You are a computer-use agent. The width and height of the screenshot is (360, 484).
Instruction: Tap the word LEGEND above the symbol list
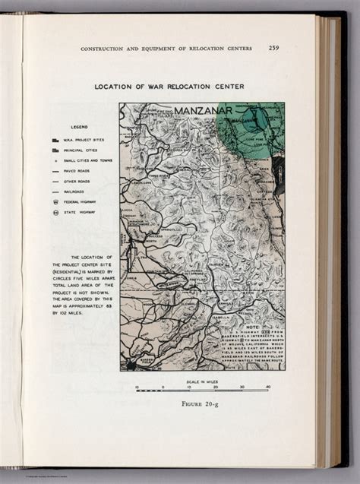(x=81, y=126)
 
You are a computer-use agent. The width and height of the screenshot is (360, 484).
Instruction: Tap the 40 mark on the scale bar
(x=267, y=388)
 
